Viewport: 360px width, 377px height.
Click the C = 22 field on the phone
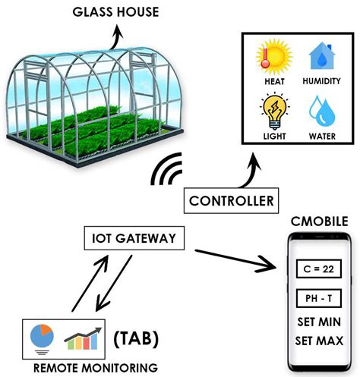click(318, 268)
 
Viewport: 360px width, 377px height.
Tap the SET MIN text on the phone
click(318, 322)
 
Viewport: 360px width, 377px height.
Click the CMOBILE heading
click(318, 221)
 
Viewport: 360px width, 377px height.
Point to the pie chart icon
click(41, 335)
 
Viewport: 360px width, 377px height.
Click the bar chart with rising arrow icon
click(84, 336)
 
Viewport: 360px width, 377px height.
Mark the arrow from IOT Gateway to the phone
click(235, 259)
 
